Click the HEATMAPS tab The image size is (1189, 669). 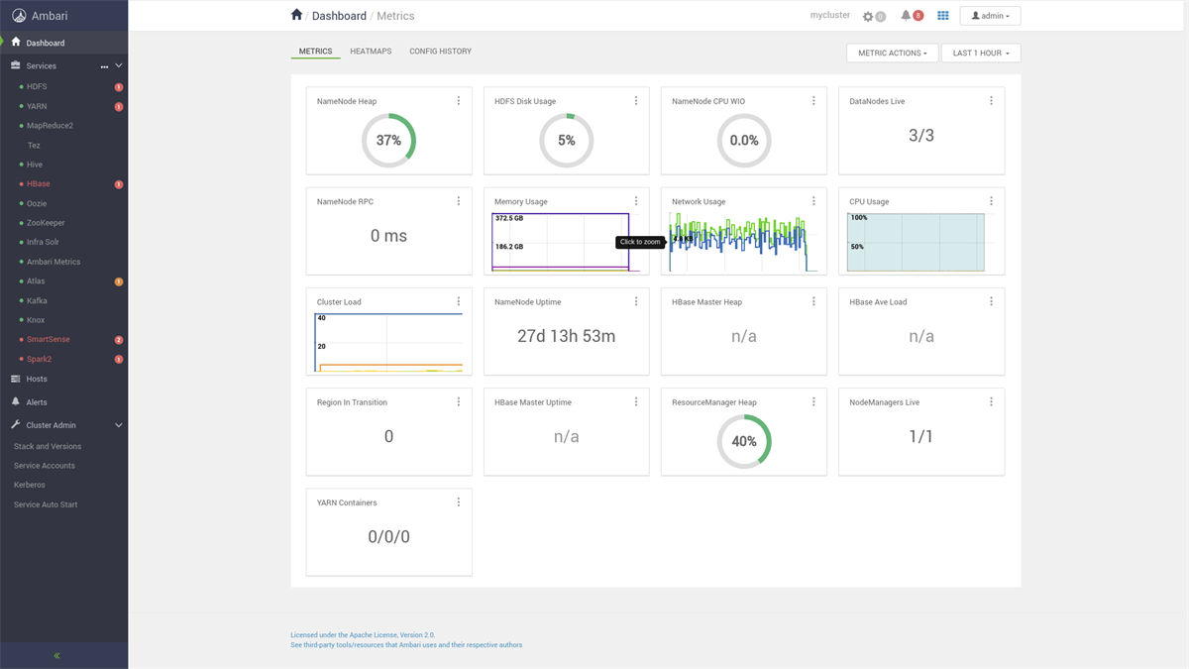click(371, 52)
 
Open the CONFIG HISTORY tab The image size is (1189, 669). click(440, 52)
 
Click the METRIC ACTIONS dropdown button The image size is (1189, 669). click(892, 54)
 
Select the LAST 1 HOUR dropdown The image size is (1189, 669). click(980, 54)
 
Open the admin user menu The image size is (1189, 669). click(989, 16)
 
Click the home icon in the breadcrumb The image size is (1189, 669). click(296, 15)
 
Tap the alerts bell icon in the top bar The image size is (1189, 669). click(907, 16)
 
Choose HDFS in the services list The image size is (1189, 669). click(37, 86)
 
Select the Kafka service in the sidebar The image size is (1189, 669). click(37, 300)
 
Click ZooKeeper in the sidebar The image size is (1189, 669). click(46, 223)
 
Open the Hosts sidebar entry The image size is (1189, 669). click(37, 379)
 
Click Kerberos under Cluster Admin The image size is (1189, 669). click(30, 485)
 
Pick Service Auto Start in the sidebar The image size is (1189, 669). click(46, 504)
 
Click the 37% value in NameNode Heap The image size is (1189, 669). click(388, 141)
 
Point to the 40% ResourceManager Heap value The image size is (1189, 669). click(744, 442)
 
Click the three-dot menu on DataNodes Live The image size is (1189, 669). click(991, 101)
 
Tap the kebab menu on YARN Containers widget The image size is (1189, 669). click(459, 502)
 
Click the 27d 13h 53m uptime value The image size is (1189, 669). click(566, 336)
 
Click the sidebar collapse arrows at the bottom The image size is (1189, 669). click(56, 656)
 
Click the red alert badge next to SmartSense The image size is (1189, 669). click(119, 340)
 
